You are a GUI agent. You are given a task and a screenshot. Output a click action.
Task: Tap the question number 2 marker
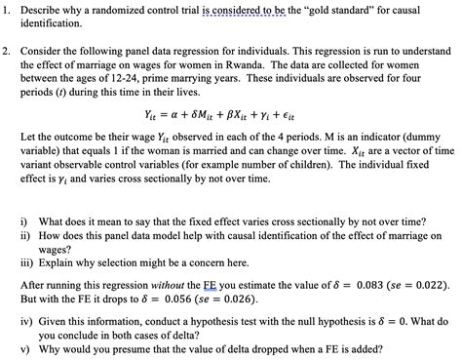[x=8, y=49]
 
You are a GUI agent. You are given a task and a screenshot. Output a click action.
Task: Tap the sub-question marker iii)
[x=29, y=263]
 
